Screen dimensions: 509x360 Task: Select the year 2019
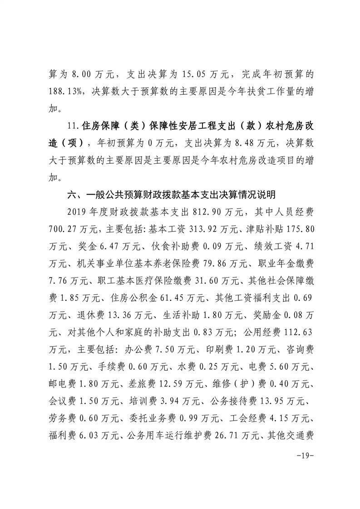77,213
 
